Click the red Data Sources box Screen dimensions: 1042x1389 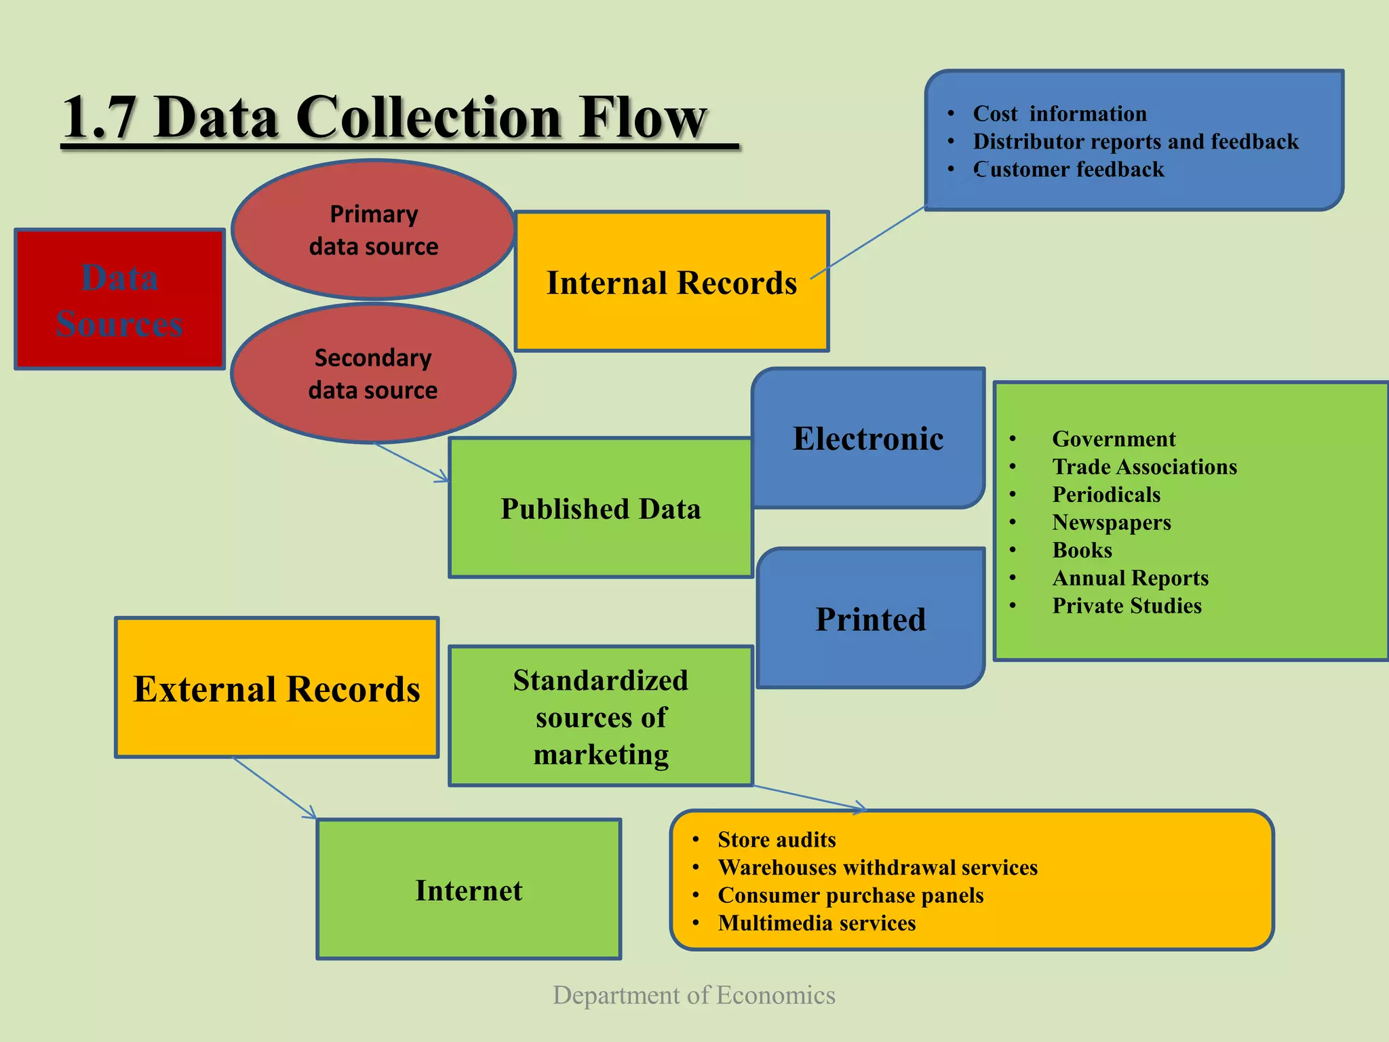tap(119, 299)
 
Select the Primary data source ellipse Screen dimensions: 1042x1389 tap(373, 230)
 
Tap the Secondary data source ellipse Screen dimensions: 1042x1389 tap(373, 374)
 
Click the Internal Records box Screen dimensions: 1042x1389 tap(671, 282)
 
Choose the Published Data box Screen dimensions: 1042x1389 tap(600, 509)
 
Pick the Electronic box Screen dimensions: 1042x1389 tap(868, 439)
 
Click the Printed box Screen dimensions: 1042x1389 tap(871, 619)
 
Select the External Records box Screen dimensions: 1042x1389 tap(277, 689)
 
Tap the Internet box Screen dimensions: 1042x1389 tap(469, 890)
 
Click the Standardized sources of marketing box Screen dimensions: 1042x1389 tap(600, 717)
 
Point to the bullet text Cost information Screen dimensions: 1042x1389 tap(1059, 113)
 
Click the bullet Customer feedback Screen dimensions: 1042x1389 tap(1068, 169)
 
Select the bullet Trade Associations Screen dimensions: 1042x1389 tap(1144, 467)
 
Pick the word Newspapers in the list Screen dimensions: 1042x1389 tap(1111, 522)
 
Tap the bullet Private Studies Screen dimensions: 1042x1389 tap(1127, 606)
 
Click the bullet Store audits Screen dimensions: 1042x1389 tap(777, 840)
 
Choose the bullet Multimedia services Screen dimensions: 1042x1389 tap(817, 923)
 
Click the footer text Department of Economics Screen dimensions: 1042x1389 tap(694, 995)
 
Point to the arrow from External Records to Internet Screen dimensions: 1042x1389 tap(275, 788)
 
